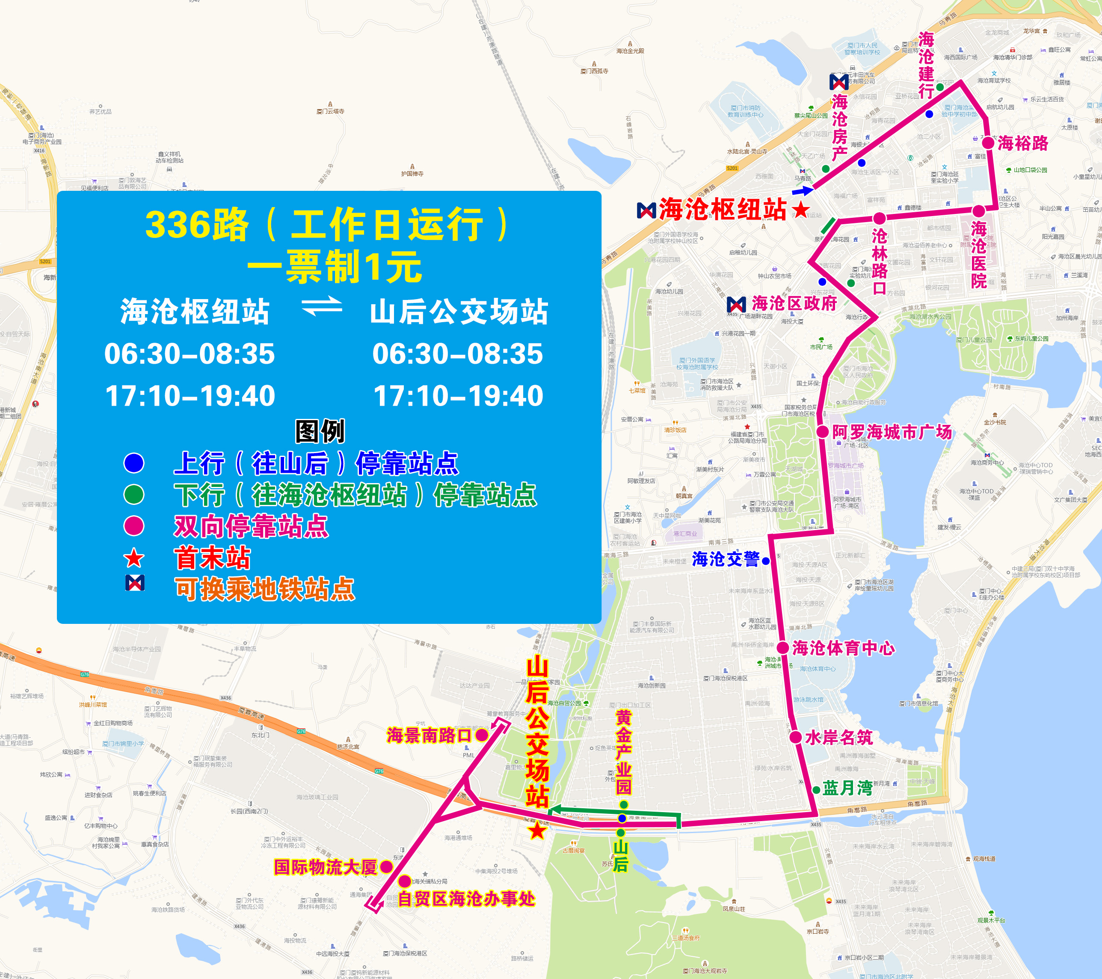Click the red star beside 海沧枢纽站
[801, 209]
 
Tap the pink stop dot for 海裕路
[988, 143]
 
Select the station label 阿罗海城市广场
[892, 431]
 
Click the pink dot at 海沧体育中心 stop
[783, 648]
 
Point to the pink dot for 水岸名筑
[796, 737]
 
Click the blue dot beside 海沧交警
[766, 561]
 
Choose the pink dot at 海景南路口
[482, 735]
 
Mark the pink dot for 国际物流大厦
[386, 867]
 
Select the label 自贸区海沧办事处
[466, 899]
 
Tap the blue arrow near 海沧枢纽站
[802, 190]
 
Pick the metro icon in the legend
[135, 583]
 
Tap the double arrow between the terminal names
[322, 306]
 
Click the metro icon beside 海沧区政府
[737, 304]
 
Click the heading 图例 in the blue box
[320, 430]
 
